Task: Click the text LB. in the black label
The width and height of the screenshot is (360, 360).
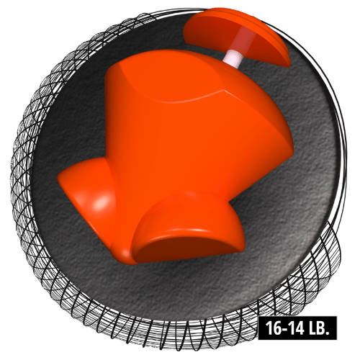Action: [318, 328]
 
